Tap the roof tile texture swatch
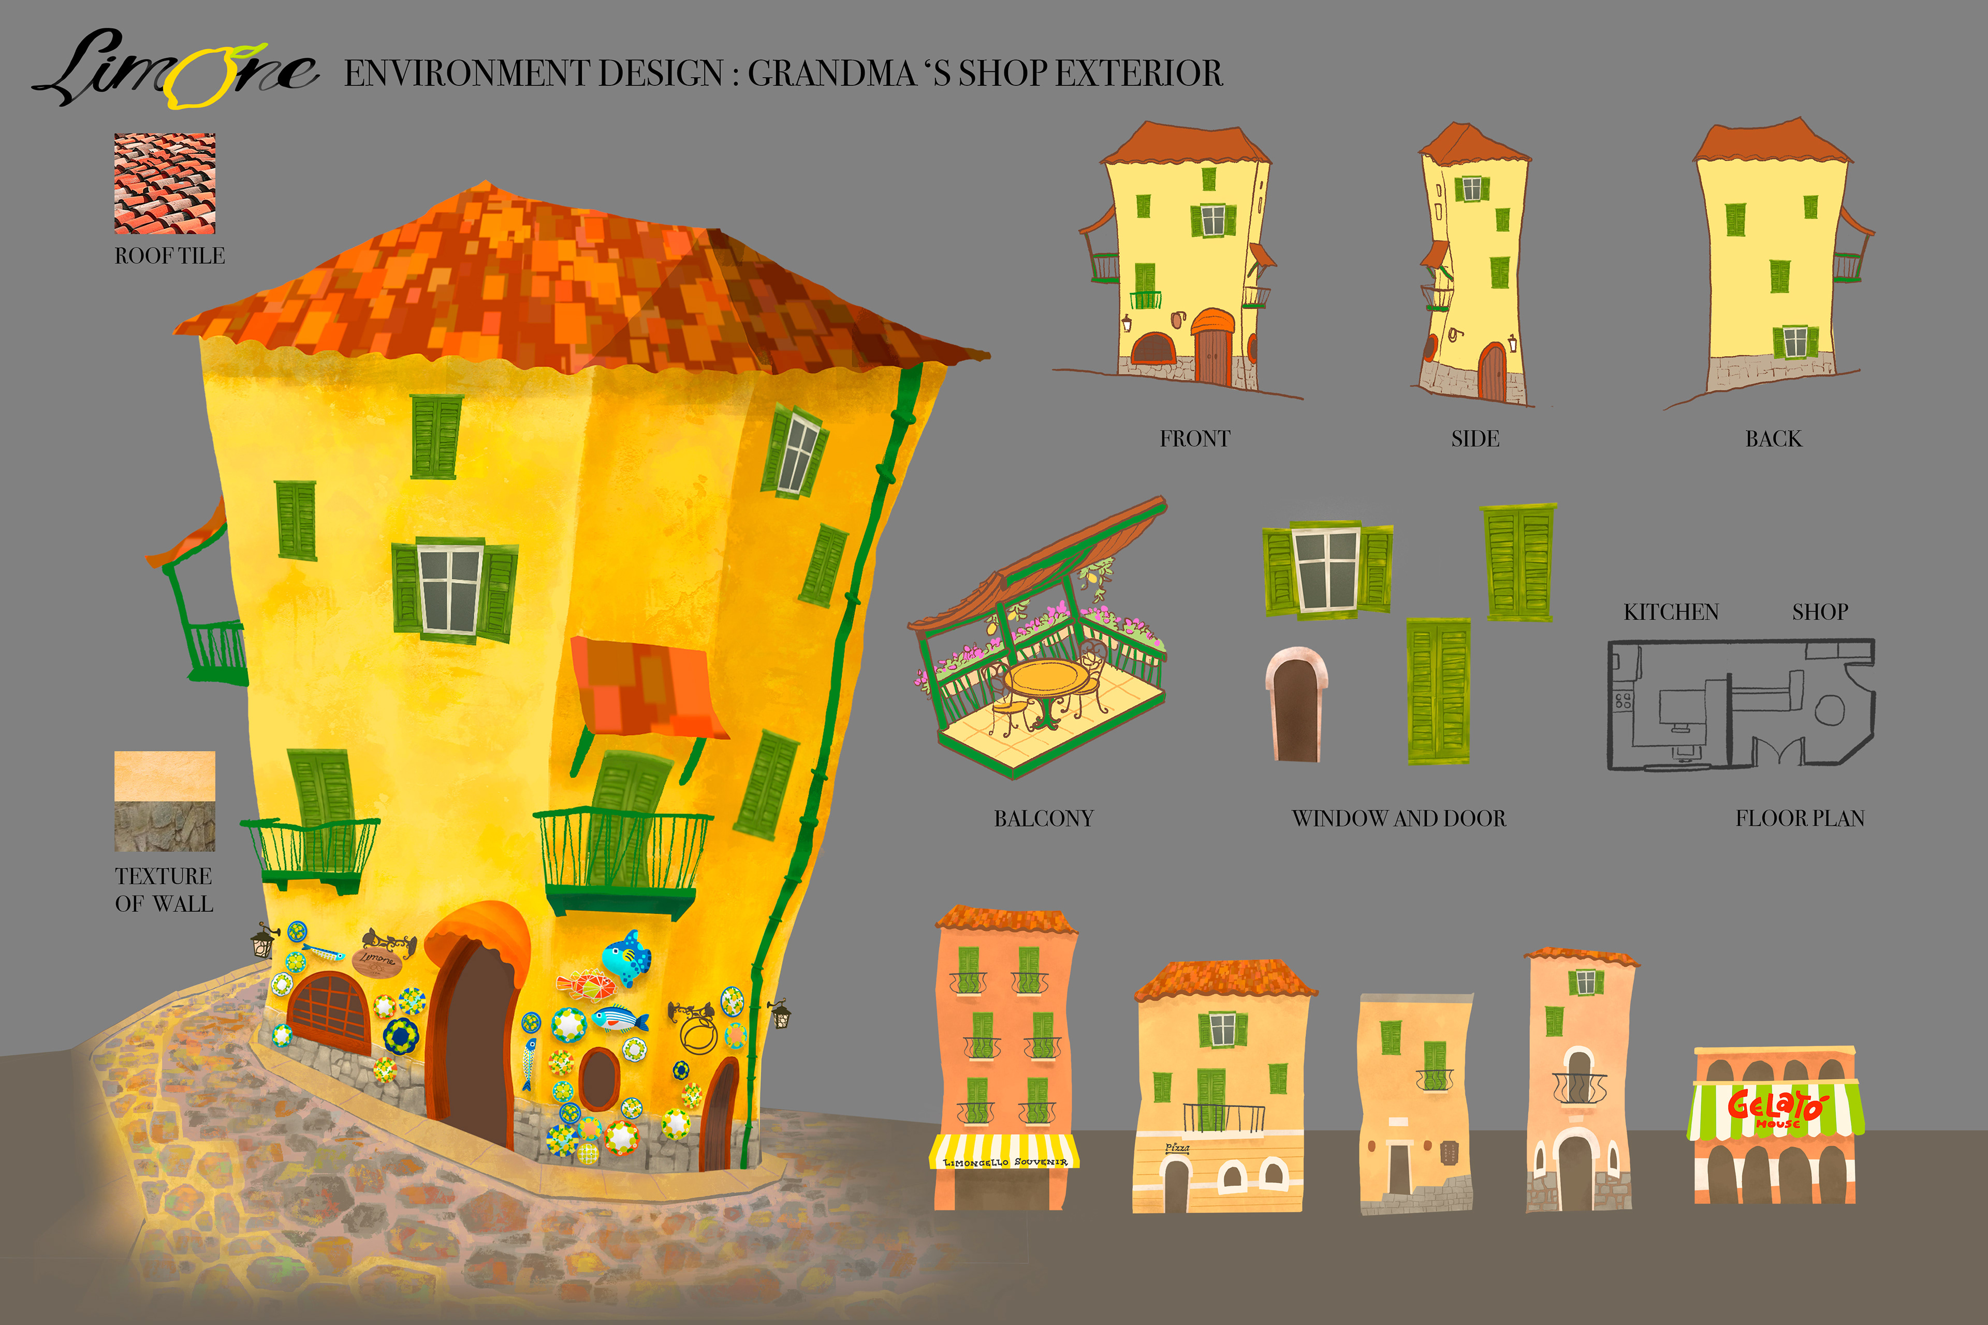pyautogui.click(x=165, y=183)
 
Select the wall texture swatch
pyautogui.click(x=165, y=801)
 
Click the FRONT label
pyautogui.click(x=1194, y=438)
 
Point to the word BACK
pyautogui.click(x=1773, y=438)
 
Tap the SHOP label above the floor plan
pyautogui.click(x=1820, y=612)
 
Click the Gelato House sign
pyautogui.click(x=1776, y=1108)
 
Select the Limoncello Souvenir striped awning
pyautogui.click(x=1004, y=1152)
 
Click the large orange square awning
pyautogui.click(x=646, y=686)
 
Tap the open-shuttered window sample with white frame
pyautogui.click(x=1327, y=569)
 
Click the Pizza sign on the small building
pyautogui.click(x=1177, y=1147)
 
